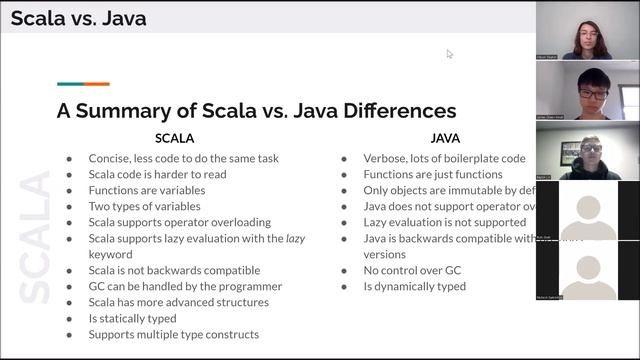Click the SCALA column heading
[x=174, y=138]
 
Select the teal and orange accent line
[x=83, y=84]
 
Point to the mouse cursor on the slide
[x=449, y=54]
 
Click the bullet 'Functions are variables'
[x=146, y=190]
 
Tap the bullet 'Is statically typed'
[x=133, y=318]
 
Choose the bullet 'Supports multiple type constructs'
[x=173, y=334]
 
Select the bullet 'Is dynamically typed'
[x=416, y=286]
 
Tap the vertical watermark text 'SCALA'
[x=35, y=238]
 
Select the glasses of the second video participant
[x=593, y=94]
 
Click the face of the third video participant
[x=592, y=151]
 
